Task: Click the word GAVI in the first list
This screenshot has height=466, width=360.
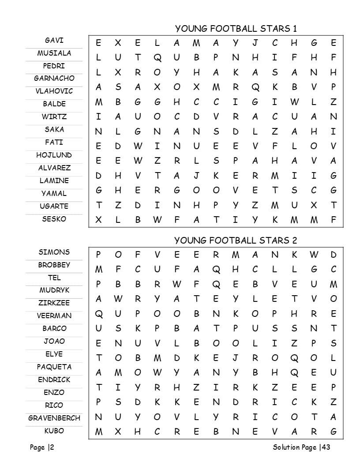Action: (54, 40)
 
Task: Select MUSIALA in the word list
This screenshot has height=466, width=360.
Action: (54, 53)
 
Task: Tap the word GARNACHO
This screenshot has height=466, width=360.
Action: (54, 79)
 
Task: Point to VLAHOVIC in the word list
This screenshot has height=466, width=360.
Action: (54, 91)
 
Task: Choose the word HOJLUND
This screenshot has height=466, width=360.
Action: (54, 155)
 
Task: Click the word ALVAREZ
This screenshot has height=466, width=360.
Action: (54, 168)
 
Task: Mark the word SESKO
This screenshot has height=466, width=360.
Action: (54, 219)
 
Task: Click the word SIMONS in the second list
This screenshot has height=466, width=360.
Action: (54, 252)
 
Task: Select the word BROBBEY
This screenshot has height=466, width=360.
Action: (54, 265)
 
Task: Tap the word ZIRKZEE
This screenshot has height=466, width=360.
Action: (54, 303)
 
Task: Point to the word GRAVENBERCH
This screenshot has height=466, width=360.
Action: (54, 418)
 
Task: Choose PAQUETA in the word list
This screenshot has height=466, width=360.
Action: (54, 367)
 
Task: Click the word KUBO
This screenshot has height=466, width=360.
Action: (54, 431)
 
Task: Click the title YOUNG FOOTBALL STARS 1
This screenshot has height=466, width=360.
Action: (236, 29)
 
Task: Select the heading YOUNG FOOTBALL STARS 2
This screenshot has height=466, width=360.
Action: (236, 241)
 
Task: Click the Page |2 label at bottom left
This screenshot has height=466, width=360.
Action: (42, 447)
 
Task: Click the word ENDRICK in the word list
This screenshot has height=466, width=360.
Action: (54, 380)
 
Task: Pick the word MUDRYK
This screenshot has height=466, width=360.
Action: (54, 290)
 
